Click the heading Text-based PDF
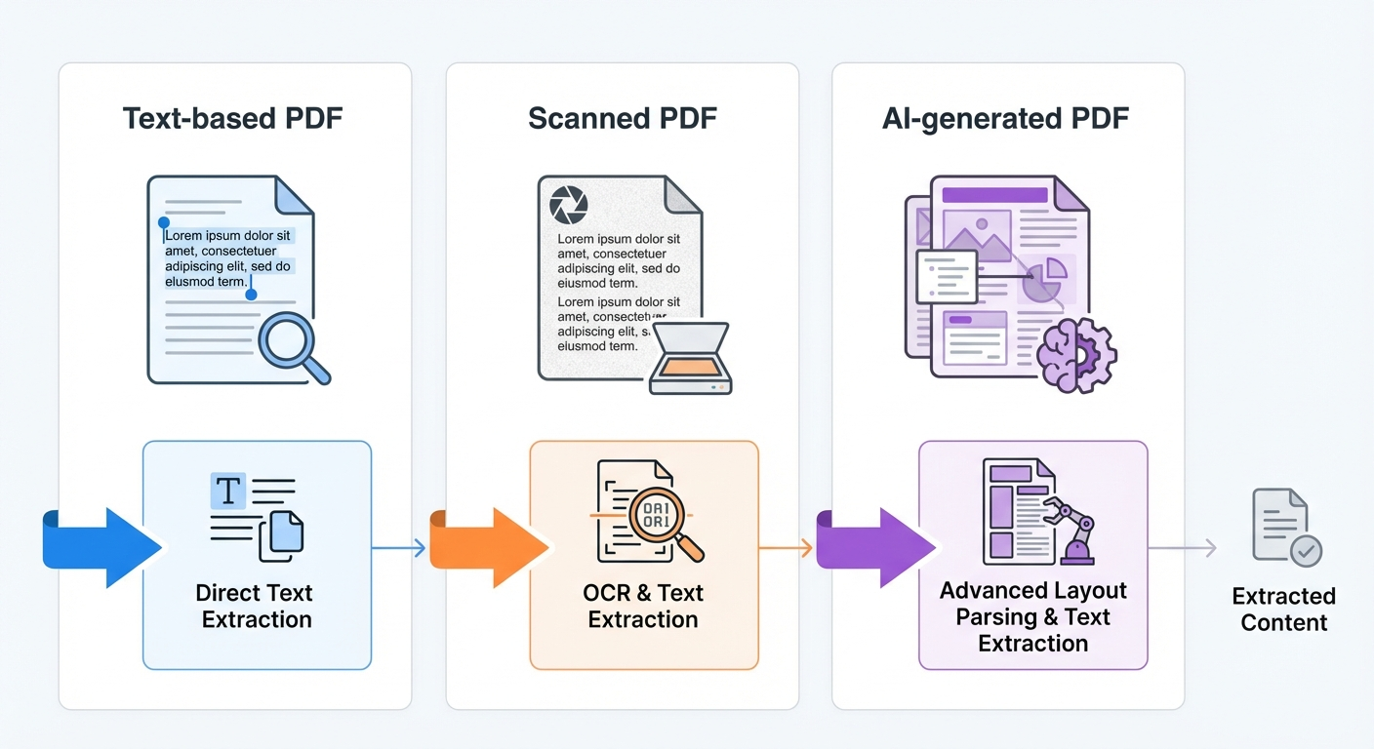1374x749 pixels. [232, 119]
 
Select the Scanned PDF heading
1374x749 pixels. [622, 119]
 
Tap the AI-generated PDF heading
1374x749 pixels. [1005, 119]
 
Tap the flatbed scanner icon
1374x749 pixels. [690, 359]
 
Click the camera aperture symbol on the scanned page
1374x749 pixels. [569, 205]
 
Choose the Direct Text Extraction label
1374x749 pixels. [256, 606]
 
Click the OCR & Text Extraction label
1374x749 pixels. [643, 606]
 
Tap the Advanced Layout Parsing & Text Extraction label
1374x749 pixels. [1032, 616]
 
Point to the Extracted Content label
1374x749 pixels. [1283, 610]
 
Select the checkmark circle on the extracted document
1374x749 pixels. [1306, 551]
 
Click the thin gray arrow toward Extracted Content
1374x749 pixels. [1182, 548]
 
